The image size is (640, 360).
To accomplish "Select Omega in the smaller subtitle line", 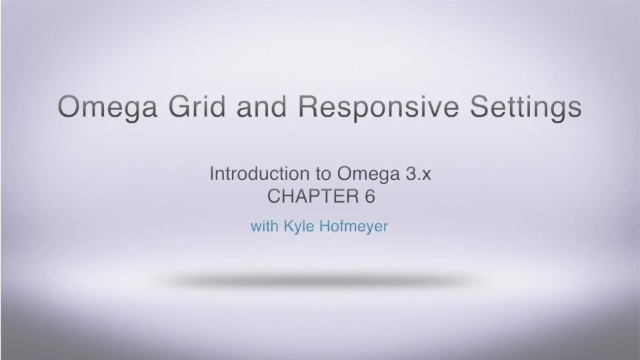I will coord(365,176).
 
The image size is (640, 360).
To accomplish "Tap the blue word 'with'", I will coord(265,227).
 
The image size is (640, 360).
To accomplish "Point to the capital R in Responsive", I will coord(313,107).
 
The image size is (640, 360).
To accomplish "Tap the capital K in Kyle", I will coord(289,227).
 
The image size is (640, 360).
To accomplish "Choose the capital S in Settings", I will coord(480,107).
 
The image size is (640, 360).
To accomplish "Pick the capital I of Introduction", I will coord(212,175).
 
